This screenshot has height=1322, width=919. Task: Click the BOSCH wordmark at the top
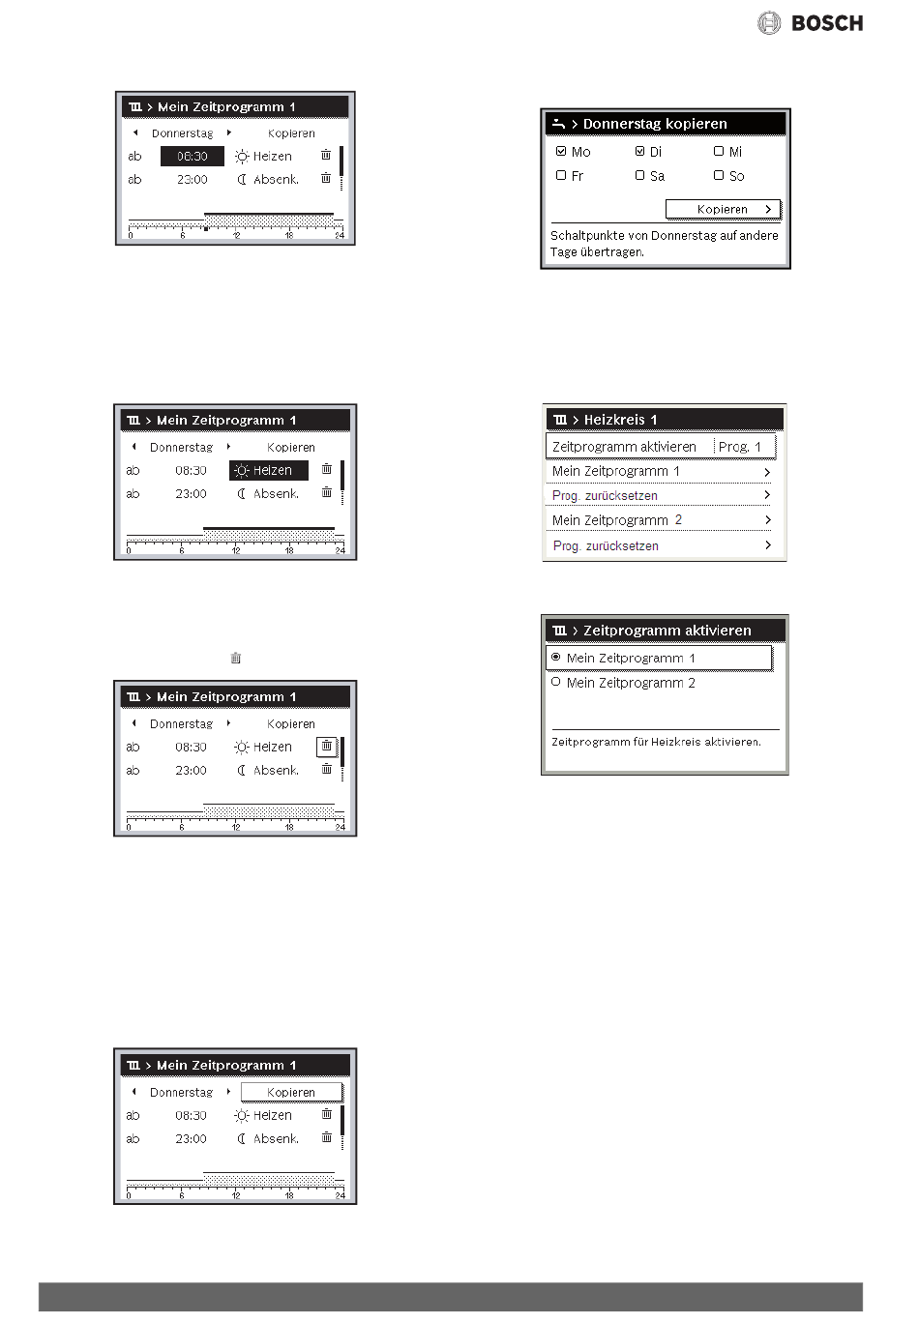(826, 23)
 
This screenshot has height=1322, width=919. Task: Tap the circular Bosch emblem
(768, 23)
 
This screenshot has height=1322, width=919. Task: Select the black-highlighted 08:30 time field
(193, 157)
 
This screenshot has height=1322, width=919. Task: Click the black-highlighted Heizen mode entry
(269, 470)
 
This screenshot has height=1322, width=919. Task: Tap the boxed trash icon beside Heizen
(326, 747)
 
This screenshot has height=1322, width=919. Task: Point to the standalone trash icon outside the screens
(235, 658)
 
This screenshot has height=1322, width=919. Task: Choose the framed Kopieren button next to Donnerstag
(291, 1093)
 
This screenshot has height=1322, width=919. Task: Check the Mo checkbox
(561, 151)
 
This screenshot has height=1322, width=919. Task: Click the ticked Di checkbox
(639, 151)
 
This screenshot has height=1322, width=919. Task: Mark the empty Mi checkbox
(719, 151)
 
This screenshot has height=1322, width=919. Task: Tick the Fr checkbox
(561, 175)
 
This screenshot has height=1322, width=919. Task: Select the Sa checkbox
(639, 175)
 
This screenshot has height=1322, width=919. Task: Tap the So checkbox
(719, 175)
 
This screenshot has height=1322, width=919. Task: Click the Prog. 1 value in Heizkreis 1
(740, 448)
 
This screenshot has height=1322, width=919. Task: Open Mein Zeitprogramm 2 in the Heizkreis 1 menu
(617, 520)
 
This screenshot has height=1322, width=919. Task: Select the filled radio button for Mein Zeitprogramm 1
(555, 657)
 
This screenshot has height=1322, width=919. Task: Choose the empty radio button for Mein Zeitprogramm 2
(555, 682)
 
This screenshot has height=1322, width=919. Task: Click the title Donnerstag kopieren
(655, 124)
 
